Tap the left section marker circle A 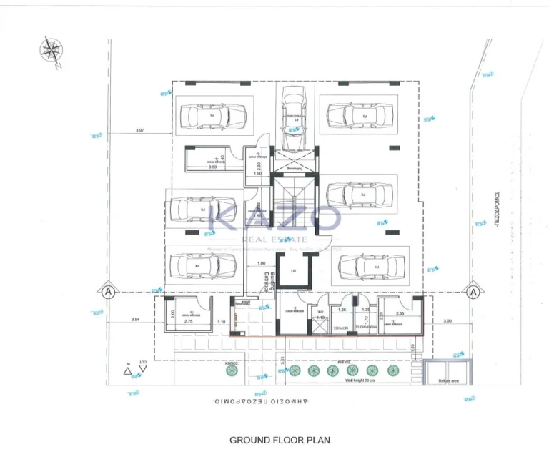click(x=107, y=292)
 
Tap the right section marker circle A click(x=473, y=292)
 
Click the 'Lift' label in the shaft click(x=293, y=271)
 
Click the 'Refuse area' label click(x=448, y=380)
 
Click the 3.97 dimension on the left click(x=139, y=130)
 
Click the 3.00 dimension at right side click(x=447, y=321)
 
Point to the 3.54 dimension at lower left click(x=135, y=320)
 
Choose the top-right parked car click(x=360, y=114)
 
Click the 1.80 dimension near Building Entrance click(x=262, y=263)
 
